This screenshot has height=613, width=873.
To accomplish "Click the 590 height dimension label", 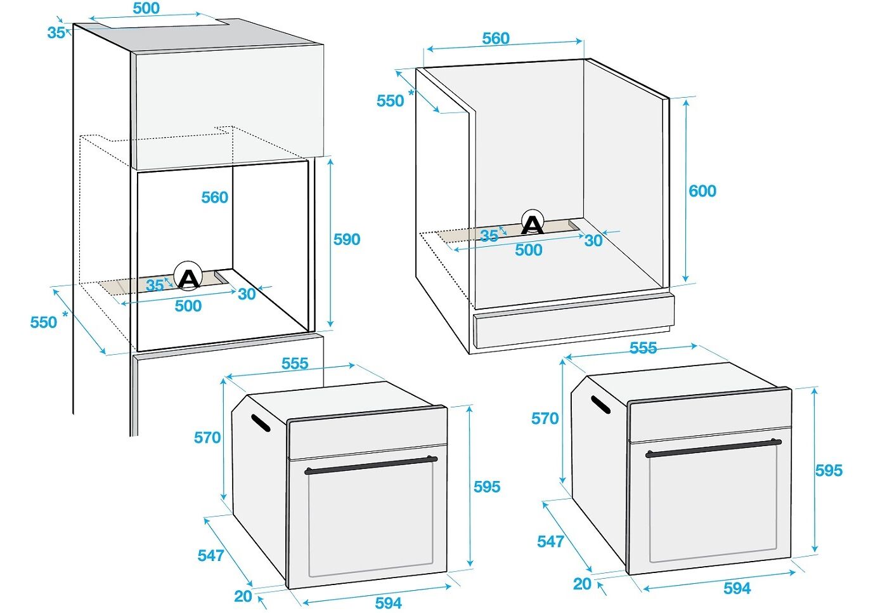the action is click(x=346, y=239).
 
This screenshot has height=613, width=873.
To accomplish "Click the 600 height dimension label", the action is click(x=702, y=191).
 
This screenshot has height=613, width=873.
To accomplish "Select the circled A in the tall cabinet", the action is click(x=188, y=275).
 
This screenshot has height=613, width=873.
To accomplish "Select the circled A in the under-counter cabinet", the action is click(x=533, y=222).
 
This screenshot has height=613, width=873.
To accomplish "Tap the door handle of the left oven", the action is click(x=371, y=465).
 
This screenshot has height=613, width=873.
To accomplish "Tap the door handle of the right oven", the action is click(x=713, y=449).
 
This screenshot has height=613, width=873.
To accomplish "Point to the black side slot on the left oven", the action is click(x=261, y=423).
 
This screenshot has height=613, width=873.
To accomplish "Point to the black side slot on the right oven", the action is click(x=600, y=405).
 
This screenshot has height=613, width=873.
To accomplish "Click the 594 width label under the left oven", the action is click(x=388, y=603).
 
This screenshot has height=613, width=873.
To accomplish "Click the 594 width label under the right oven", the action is click(x=737, y=588).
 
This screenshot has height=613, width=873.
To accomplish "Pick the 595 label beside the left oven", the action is click(x=487, y=487).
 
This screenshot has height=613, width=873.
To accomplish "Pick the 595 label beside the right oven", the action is click(x=829, y=470).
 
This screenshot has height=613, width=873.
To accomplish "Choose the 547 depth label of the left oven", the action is click(x=211, y=555).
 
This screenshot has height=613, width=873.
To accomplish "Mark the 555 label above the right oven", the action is click(x=643, y=348).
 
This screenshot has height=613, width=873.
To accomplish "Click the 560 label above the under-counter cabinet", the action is click(x=496, y=38).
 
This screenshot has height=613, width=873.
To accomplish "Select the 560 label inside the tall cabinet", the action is click(x=215, y=197).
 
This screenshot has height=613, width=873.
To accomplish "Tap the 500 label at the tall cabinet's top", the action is click(x=146, y=8).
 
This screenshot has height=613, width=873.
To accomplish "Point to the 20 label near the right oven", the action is click(x=582, y=584).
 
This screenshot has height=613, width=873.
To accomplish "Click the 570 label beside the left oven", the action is click(x=207, y=438).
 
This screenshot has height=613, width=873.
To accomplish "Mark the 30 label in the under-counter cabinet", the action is click(x=593, y=241).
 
